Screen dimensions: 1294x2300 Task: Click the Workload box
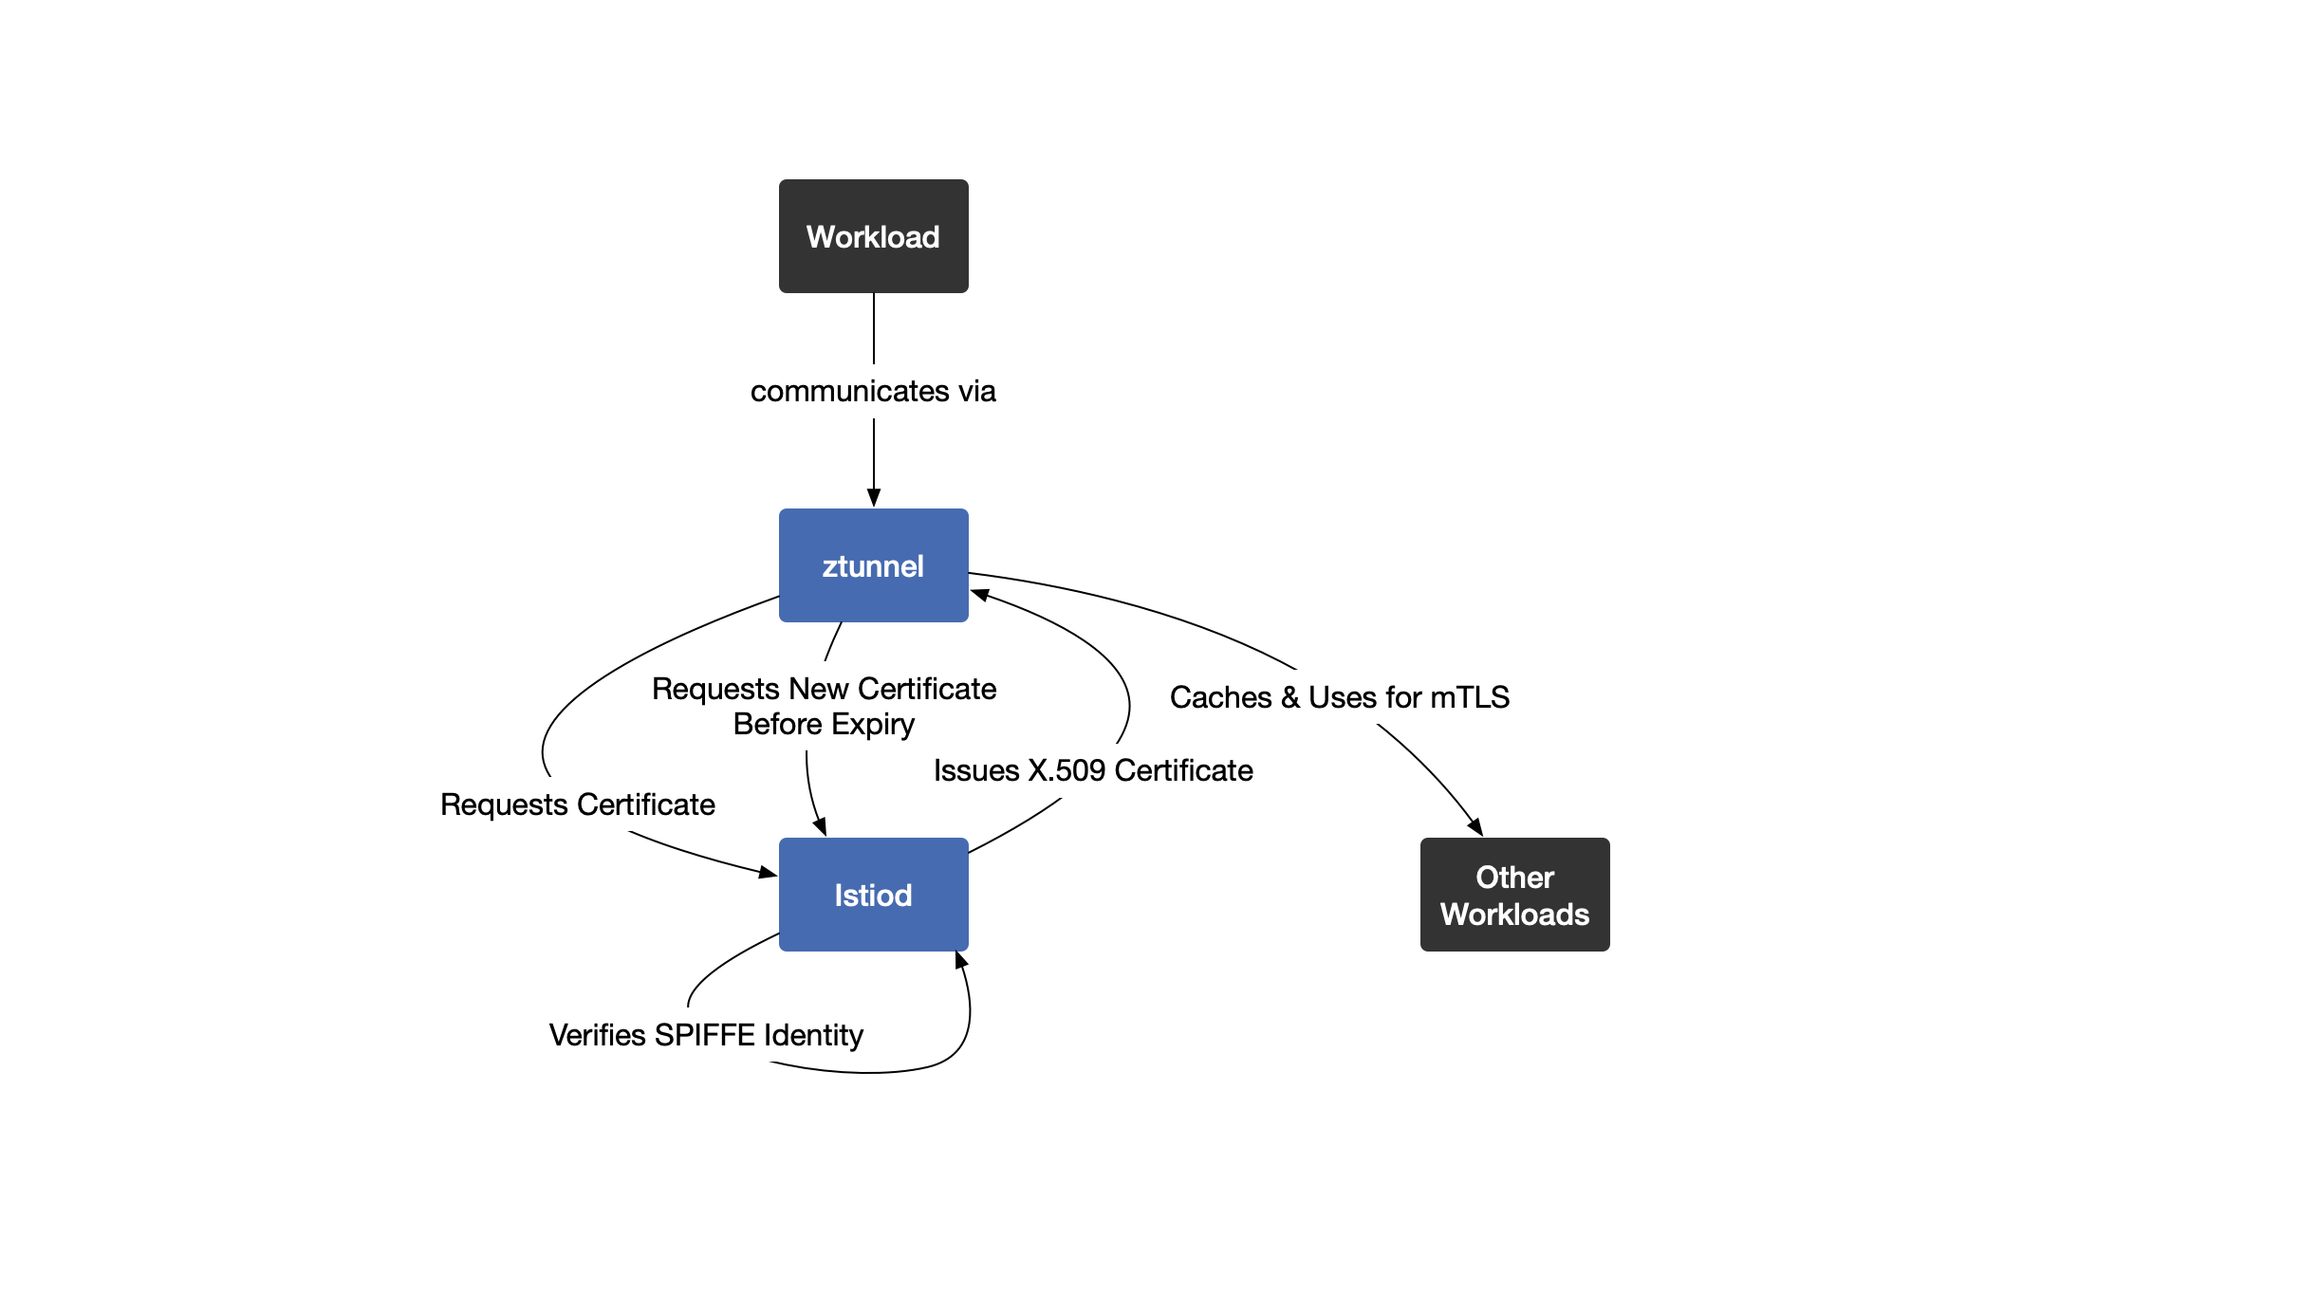(x=873, y=236)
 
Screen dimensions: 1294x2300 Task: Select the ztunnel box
(x=873, y=565)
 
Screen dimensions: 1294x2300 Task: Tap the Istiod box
(x=873, y=895)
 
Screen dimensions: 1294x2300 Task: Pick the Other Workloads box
(x=1514, y=895)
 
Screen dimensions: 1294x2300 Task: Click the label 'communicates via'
(x=873, y=391)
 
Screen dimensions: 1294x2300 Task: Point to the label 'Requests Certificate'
(x=577, y=804)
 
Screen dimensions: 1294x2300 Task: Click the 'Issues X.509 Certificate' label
(x=1093, y=770)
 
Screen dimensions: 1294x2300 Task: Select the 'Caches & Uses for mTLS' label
(x=1339, y=697)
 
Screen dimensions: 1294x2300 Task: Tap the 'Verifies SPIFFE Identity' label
(x=706, y=1035)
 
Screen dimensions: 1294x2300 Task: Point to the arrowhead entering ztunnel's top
(x=874, y=498)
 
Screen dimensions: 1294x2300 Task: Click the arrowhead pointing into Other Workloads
(x=1475, y=827)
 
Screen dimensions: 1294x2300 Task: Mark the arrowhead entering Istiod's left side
(x=768, y=872)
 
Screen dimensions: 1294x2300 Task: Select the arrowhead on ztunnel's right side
(x=980, y=595)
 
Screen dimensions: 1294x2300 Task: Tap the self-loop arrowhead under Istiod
(x=961, y=961)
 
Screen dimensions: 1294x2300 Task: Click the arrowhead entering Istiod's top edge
(x=821, y=827)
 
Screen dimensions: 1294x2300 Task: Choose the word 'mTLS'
(x=1470, y=697)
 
